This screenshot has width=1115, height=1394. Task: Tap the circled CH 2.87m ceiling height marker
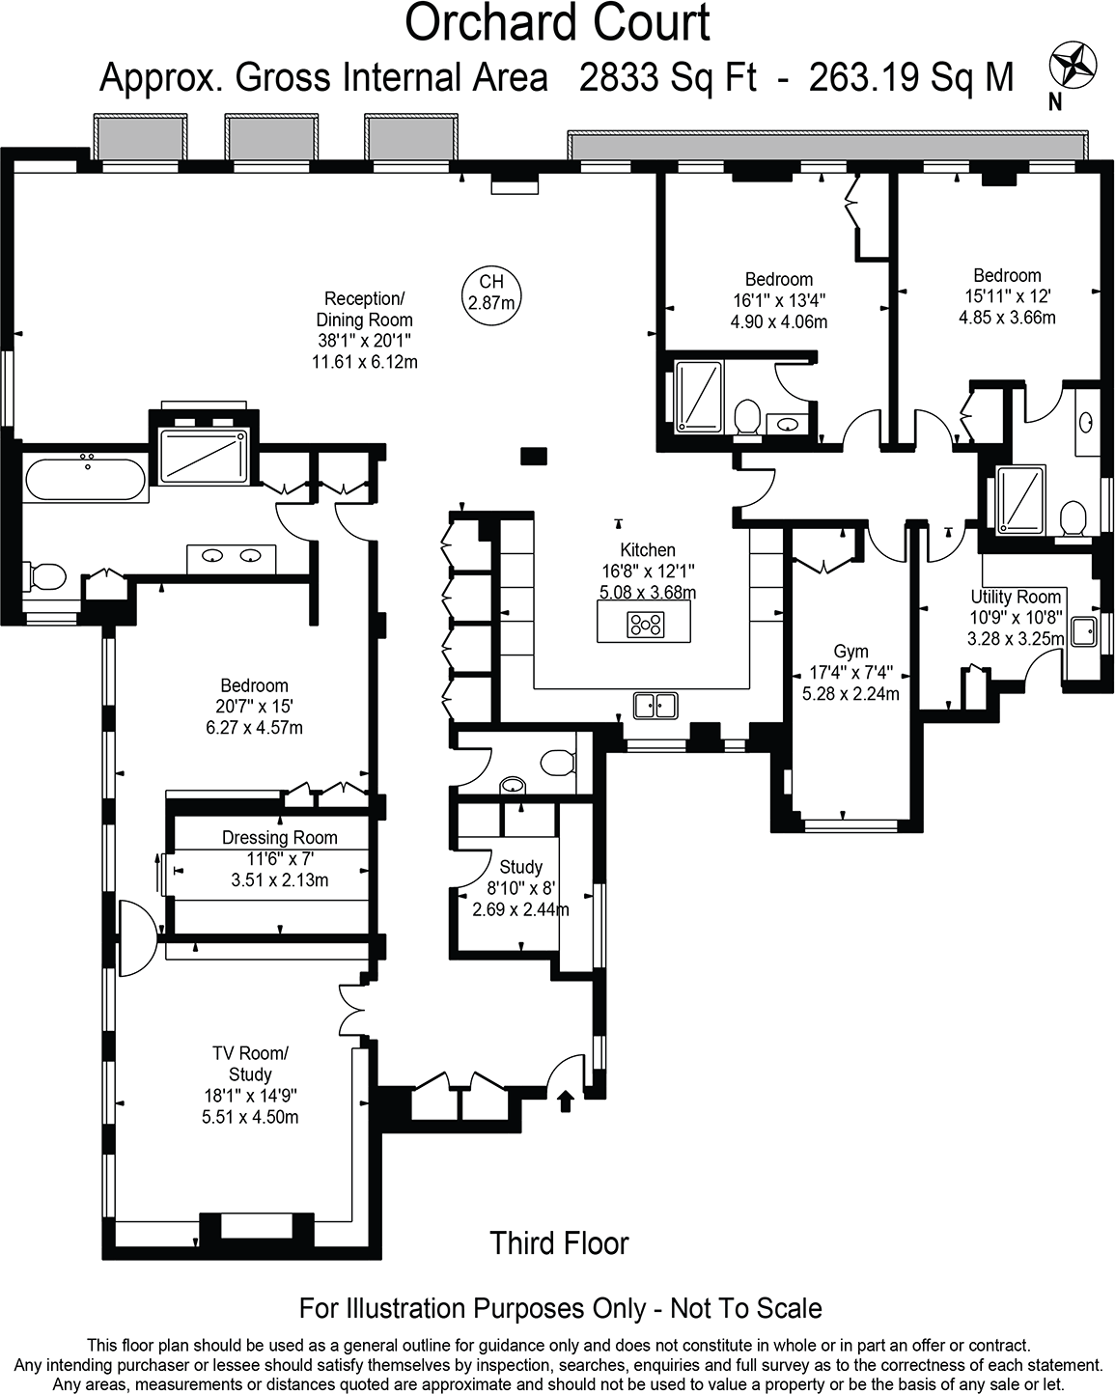pyautogui.click(x=491, y=292)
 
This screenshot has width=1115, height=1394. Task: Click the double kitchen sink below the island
pyautogui.click(x=656, y=706)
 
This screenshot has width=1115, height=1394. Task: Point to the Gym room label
pyautogui.click(x=850, y=652)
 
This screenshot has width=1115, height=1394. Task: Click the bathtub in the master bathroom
pyautogui.click(x=85, y=480)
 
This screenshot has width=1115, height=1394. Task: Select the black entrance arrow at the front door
pyautogui.click(x=566, y=1100)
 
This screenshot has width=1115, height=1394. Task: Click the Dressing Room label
pyautogui.click(x=280, y=837)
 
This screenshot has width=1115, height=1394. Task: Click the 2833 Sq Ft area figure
pyautogui.click(x=667, y=77)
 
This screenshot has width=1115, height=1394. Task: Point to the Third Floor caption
pyautogui.click(x=559, y=1242)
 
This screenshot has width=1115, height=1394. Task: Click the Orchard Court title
pyautogui.click(x=557, y=23)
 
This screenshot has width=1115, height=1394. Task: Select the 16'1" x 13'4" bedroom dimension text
pyautogui.click(x=778, y=300)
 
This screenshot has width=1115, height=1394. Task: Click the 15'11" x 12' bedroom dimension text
pyautogui.click(x=1006, y=296)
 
